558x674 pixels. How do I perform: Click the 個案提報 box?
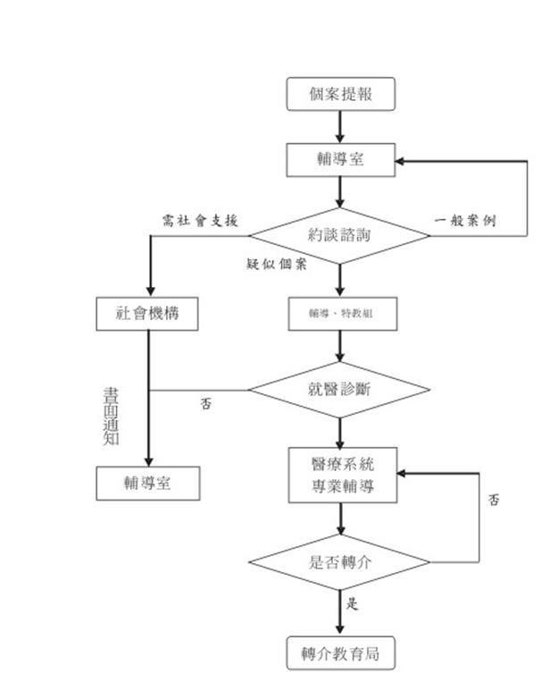340,94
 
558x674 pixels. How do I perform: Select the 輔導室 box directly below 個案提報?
340,160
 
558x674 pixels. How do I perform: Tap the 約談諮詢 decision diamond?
339,236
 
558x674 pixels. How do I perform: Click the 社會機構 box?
148,314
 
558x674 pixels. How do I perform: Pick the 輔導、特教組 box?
340,314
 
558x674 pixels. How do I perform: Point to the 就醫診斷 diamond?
339,390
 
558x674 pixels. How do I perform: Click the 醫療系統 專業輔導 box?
342,476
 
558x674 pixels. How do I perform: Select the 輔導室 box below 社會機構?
148,484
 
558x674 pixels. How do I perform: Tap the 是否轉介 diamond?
339,562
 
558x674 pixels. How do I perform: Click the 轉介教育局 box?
340,653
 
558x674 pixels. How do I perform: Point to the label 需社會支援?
200,221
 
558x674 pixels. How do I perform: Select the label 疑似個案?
277,264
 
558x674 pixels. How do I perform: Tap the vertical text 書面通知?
111,416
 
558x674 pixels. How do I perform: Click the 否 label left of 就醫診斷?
206,404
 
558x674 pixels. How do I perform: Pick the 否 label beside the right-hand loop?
494,500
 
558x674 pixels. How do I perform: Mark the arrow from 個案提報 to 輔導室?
340,127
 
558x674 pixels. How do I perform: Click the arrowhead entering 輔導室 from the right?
402,161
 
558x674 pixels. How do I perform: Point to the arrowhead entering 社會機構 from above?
148,291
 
